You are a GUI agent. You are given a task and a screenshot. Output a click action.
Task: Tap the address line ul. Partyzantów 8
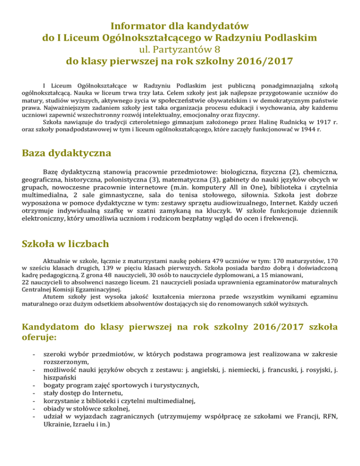[180, 48]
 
